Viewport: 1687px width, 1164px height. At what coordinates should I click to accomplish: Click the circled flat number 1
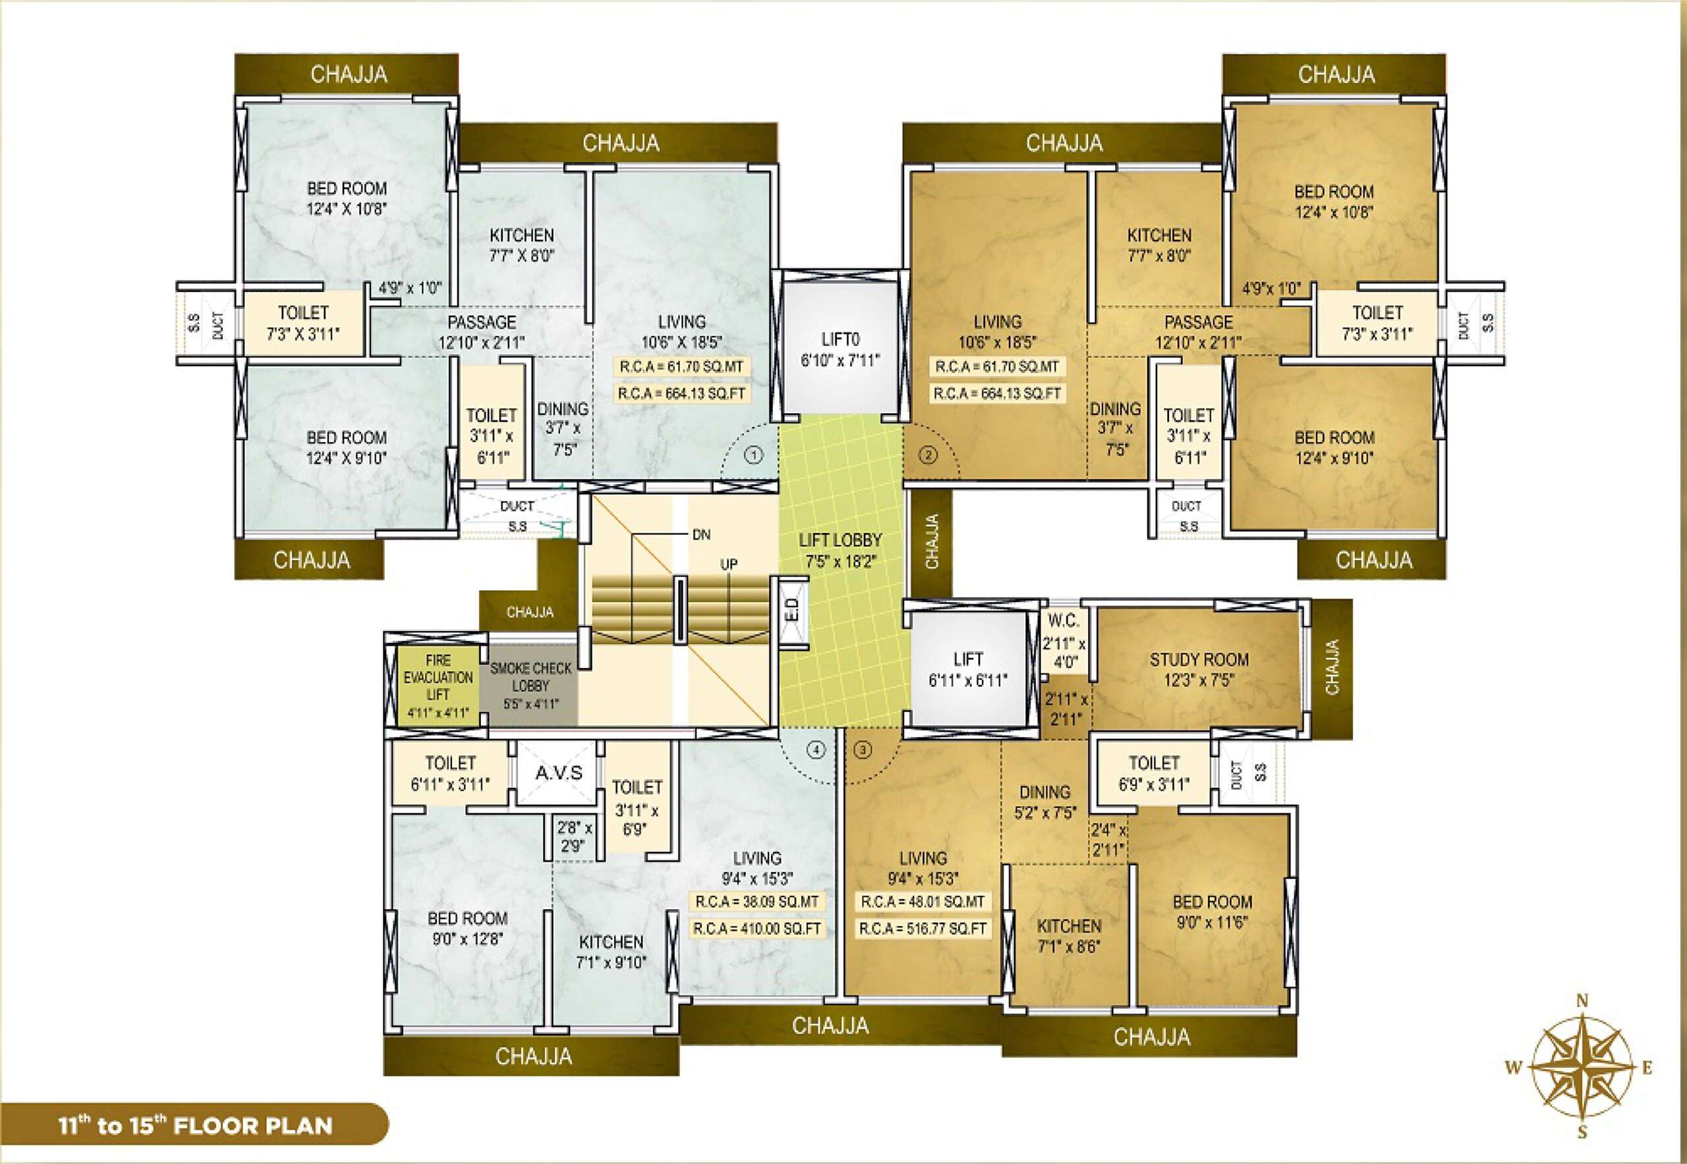pyautogui.click(x=753, y=456)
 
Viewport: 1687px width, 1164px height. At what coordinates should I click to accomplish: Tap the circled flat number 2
pyautogui.click(x=927, y=456)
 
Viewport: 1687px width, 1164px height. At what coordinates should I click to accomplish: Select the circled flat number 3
pyautogui.click(x=863, y=750)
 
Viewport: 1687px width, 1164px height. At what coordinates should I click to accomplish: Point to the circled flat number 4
pyautogui.click(x=815, y=750)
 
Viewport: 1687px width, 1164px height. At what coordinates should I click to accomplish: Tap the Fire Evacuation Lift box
pyautogui.click(x=438, y=686)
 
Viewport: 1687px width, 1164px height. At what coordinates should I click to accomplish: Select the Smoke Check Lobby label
pyautogui.click(x=530, y=686)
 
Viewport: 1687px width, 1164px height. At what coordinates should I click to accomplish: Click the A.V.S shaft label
pyautogui.click(x=559, y=773)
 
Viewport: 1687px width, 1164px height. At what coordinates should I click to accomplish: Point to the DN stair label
pyautogui.click(x=701, y=535)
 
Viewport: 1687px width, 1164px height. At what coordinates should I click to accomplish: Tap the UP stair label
pyautogui.click(x=729, y=564)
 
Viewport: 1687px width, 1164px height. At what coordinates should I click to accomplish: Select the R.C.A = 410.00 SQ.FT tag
pyautogui.click(x=757, y=928)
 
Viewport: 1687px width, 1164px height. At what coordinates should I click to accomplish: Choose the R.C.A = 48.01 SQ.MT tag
pyautogui.click(x=923, y=901)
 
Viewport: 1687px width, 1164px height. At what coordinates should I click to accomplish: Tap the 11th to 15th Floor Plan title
pyautogui.click(x=196, y=1125)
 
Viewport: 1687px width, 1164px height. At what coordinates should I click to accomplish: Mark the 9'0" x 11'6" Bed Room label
pyautogui.click(x=1212, y=912)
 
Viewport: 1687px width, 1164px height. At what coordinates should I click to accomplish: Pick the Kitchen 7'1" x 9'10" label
pyautogui.click(x=612, y=952)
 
